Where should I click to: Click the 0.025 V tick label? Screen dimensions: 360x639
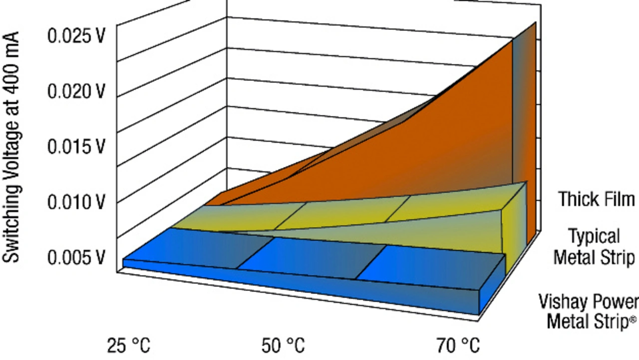(x=76, y=37)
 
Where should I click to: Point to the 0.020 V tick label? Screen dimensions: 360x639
(x=76, y=92)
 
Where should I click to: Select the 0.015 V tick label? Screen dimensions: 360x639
(x=76, y=147)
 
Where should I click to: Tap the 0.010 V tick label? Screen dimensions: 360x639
(x=76, y=202)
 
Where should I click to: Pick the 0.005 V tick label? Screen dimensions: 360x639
(x=76, y=258)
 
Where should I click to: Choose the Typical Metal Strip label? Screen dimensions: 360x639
(x=594, y=247)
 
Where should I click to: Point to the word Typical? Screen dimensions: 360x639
(x=594, y=236)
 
